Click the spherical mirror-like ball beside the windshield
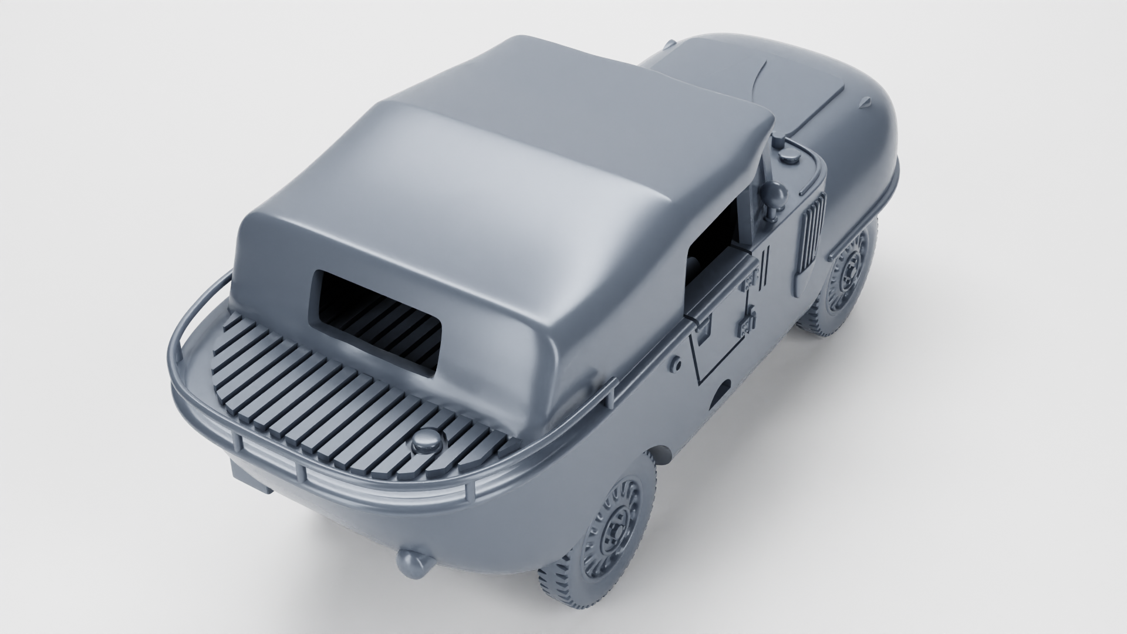[x=777, y=193]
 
